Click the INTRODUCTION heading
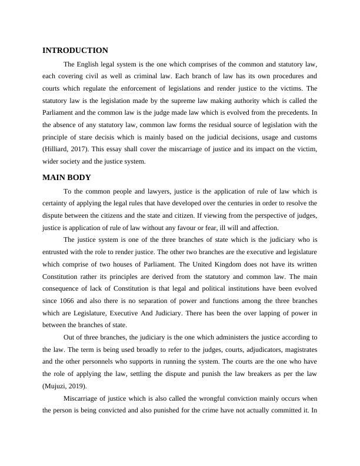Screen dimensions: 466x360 [75, 51]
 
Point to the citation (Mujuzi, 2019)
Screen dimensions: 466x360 [64, 385]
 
